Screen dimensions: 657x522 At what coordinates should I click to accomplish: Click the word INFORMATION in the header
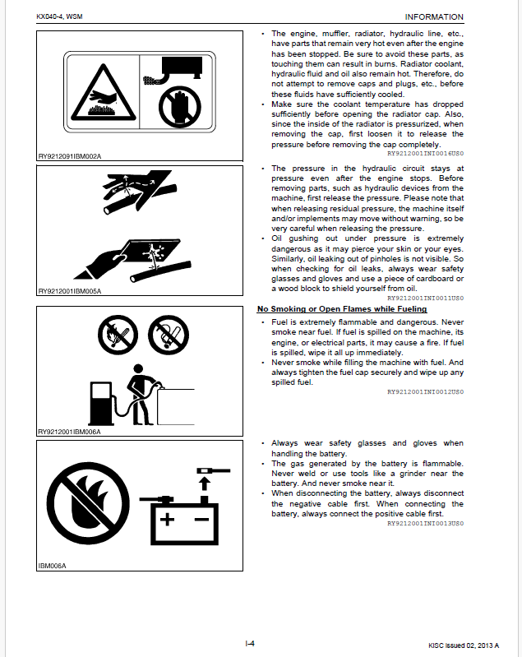(434, 16)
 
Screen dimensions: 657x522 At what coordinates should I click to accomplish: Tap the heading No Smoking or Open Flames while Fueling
(342, 309)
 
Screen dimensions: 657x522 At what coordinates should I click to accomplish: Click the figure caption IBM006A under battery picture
(52, 566)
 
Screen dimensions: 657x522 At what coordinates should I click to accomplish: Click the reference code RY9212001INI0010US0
(425, 152)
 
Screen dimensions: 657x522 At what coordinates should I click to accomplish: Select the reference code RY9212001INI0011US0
(425, 297)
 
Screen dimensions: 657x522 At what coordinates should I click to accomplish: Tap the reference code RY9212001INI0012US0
(425, 392)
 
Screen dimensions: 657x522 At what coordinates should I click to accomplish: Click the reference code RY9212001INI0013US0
(425, 522)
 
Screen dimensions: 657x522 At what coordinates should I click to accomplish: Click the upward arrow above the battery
(202, 480)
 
